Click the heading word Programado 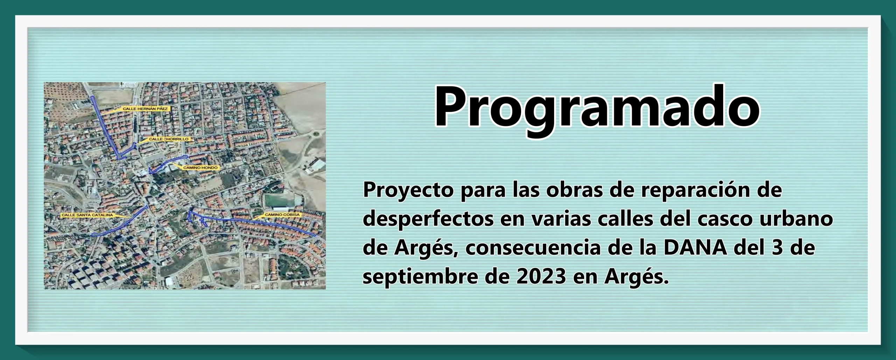coord(597,107)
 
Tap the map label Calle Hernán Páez coord(145,109)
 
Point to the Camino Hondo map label coord(200,168)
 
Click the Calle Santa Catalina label coord(87,215)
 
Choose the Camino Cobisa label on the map coord(282,214)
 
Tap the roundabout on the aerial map coord(316,133)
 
